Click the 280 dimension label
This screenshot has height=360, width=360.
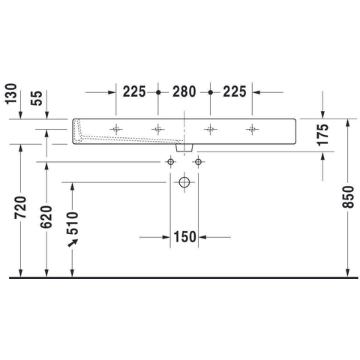coord(184,91)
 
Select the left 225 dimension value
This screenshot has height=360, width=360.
coord(134,91)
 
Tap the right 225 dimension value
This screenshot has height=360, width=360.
coord(235,91)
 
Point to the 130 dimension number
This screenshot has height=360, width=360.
coord(11,94)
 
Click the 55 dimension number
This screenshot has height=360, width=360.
coord(37,98)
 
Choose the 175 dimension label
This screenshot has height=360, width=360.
coord(322,135)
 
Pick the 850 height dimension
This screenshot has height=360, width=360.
coord(349,197)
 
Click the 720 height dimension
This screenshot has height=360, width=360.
coord(20,208)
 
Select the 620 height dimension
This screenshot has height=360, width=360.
coord(46,217)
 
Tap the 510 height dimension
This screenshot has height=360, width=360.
coord(73,223)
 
